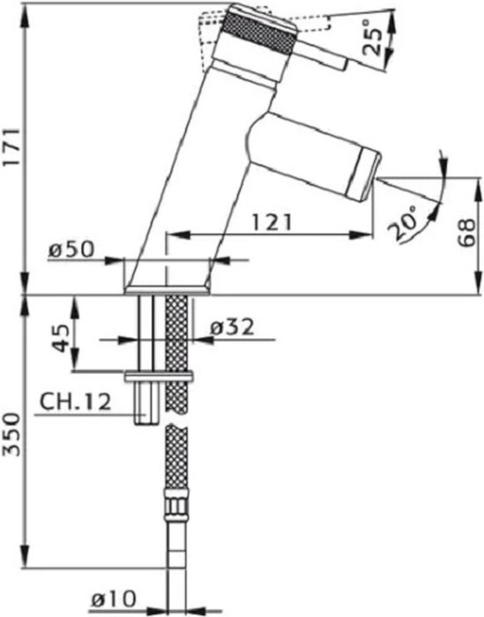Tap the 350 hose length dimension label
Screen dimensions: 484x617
click(11, 435)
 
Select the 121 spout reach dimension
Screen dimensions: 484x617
click(272, 222)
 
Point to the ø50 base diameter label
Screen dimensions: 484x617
click(71, 249)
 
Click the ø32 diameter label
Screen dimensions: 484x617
click(232, 327)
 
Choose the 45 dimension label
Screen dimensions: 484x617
click(62, 338)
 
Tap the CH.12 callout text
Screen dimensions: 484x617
click(76, 402)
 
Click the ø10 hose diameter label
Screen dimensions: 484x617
click(114, 599)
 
